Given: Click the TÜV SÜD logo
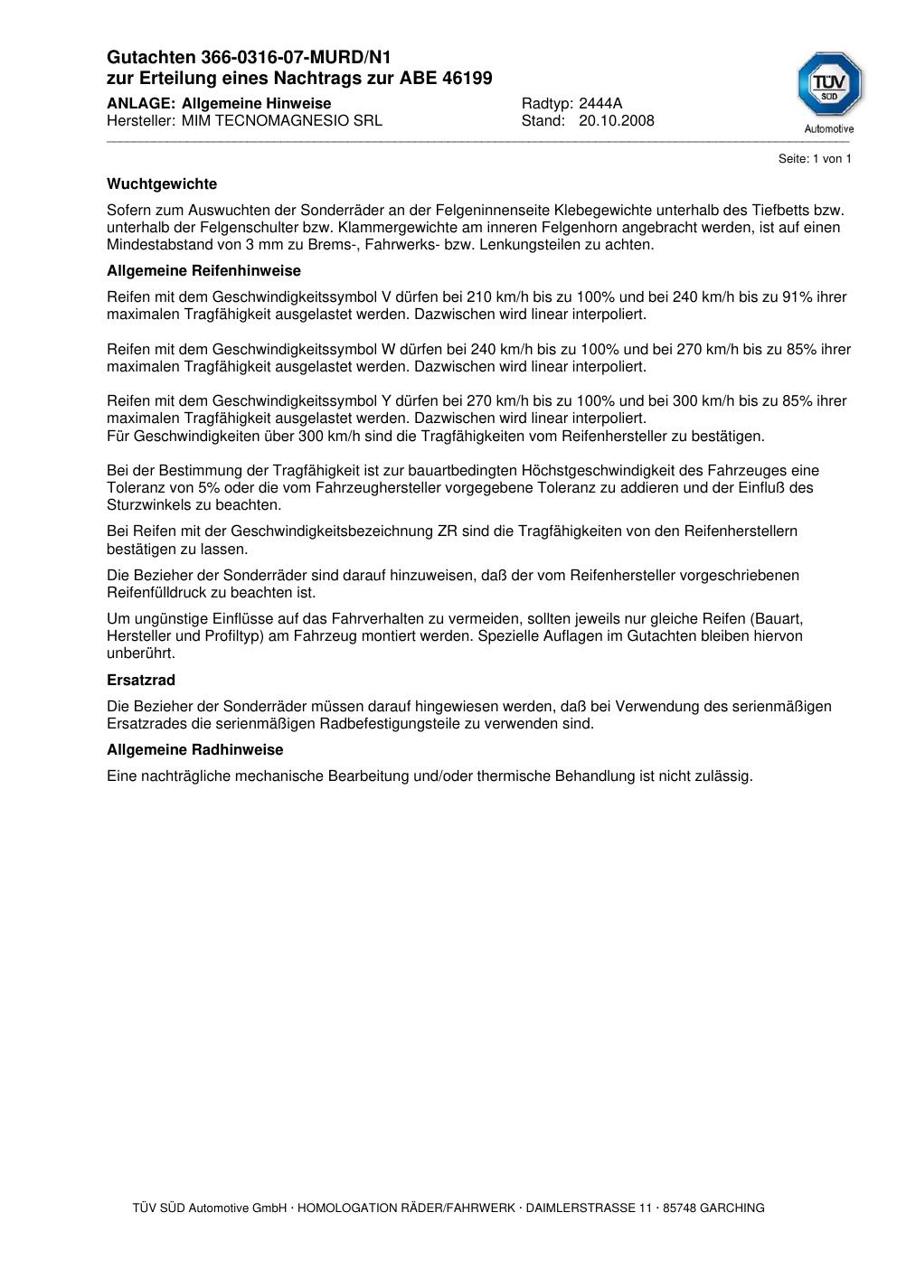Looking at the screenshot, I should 829,85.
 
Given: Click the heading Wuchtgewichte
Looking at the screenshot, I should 162,184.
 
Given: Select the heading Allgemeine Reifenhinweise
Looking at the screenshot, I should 203,271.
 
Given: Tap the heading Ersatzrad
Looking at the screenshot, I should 141,681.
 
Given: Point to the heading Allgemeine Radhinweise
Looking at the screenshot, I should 194,750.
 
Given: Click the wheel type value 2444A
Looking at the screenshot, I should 600,104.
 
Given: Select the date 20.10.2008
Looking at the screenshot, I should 617,121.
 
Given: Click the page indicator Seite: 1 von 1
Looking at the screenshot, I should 815,159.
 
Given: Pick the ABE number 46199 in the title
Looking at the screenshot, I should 467,79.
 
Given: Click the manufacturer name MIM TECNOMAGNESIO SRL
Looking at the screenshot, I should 281,121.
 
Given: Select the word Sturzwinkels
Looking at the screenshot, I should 149,506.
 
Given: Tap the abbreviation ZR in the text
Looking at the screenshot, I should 447,531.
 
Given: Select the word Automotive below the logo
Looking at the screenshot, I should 829,129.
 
